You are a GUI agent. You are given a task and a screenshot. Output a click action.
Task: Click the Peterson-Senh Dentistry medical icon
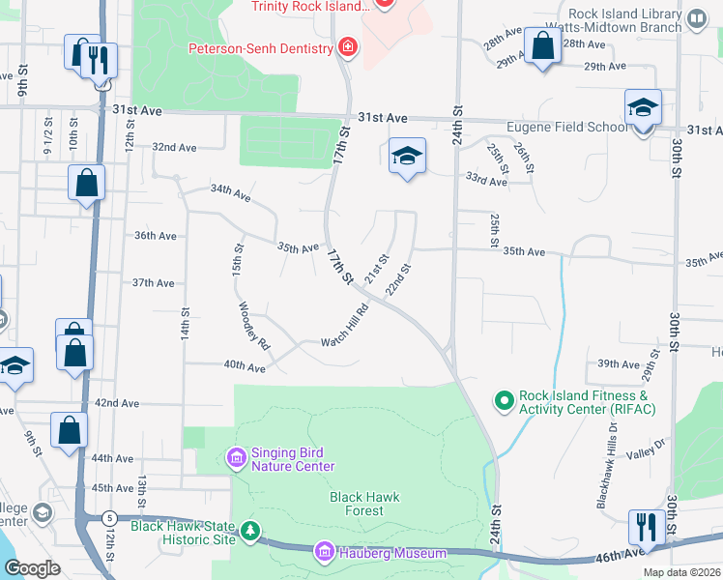pyautogui.click(x=346, y=47)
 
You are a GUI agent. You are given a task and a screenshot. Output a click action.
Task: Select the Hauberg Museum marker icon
pyautogui.click(x=325, y=553)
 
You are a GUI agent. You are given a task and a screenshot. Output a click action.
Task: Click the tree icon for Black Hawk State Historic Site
pyautogui.click(x=250, y=531)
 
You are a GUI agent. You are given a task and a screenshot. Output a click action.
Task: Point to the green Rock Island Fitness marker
pyautogui.click(x=503, y=399)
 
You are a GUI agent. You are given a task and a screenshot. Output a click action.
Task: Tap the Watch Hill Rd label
pyautogui.click(x=345, y=328)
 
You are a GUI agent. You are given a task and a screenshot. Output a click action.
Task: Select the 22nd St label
pyautogui.click(x=398, y=279)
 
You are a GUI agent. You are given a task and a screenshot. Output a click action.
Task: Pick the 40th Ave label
pyautogui.click(x=244, y=367)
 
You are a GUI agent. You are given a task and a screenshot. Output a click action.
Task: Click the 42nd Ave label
pyautogui.click(x=117, y=402)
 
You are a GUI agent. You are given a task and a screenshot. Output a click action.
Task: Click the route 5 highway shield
pyautogui.click(x=111, y=518)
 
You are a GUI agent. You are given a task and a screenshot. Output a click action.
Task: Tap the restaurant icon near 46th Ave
pyautogui.click(x=645, y=528)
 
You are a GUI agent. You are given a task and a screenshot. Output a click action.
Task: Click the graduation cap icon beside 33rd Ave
pyautogui.click(x=407, y=157)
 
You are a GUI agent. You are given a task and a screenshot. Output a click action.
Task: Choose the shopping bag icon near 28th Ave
pyautogui.click(x=543, y=45)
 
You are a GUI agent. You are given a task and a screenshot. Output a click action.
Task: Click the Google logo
pyautogui.click(x=32, y=568)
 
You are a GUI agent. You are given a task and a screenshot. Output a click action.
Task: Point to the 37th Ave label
pyautogui.click(x=153, y=282)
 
